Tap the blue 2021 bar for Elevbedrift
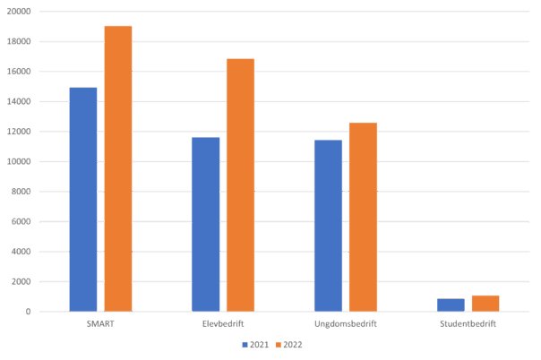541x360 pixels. click(205, 224)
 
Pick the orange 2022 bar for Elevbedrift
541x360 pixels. click(240, 184)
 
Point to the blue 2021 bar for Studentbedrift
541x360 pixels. click(451, 304)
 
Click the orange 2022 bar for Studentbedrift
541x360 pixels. click(485, 303)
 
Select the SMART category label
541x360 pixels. click(99, 323)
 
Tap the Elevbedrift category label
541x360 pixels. click(223, 323)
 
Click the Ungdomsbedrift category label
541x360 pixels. click(346, 323)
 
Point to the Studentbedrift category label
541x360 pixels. click(468, 323)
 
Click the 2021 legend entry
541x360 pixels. click(255, 345)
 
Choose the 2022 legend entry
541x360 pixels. click(288, 345)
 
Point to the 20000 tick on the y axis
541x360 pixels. click(19, 12)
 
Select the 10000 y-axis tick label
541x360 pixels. click(19, 161)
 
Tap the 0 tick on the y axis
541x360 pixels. click(29, 312)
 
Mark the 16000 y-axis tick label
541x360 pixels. click(19, 72)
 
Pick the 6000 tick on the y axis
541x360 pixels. click(21, 221)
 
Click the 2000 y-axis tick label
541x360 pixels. click(21, 281)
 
